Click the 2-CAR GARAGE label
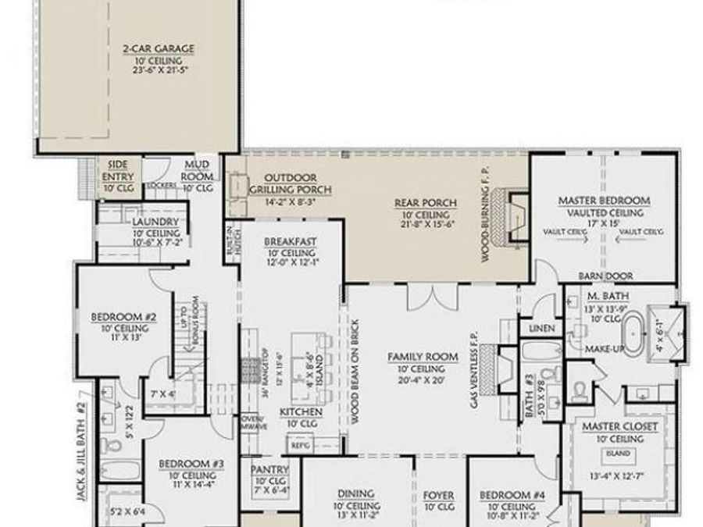pos(158,49)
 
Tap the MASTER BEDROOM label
pos(604,201)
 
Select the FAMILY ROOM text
pos(423,357)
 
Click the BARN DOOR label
pos(605,276)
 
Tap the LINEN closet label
pos(541,329)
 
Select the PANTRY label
pos(270,469)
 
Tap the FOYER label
pos(438,495)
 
